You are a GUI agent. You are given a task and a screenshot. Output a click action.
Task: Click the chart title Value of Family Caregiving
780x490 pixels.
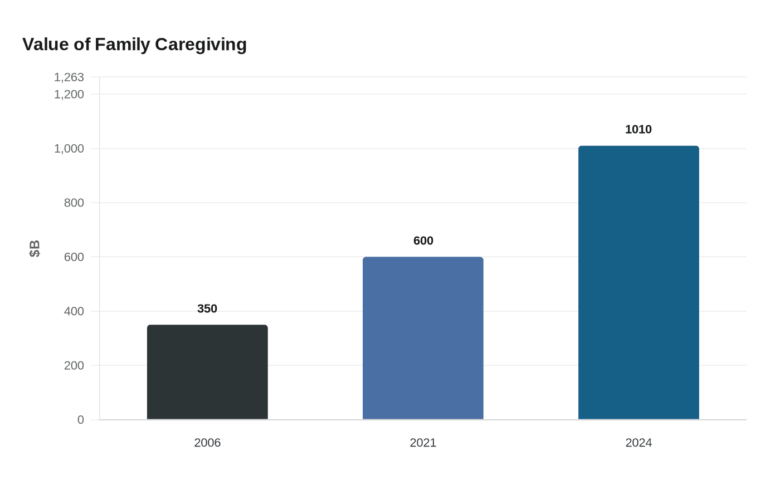tap(134, 45)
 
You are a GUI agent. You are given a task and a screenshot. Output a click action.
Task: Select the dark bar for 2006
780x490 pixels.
tap(207, 372)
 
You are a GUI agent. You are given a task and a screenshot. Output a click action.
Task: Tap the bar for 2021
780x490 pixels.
tap(423, 338)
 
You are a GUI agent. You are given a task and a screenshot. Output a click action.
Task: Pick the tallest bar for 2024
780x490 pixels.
tap(638, 282)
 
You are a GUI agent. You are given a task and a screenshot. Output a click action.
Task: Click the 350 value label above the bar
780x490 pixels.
tap(207, 308)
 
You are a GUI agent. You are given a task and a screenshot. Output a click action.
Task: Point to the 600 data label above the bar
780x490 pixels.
tap(423, 241)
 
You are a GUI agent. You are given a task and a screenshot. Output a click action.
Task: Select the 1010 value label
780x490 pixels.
tap(638, 129)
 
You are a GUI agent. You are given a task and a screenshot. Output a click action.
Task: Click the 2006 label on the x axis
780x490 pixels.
tap(207, 443)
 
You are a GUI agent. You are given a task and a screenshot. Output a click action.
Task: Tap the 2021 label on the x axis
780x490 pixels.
tap(423, 443)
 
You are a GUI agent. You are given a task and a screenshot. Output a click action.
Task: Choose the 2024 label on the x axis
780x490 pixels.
tap(638, 443)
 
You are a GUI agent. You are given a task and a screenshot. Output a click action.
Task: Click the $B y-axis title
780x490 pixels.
tap(35, 248)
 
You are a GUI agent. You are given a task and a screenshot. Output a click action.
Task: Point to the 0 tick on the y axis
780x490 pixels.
tap(81, 420)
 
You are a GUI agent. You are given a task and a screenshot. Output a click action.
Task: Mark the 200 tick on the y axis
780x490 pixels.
tap(74, 366)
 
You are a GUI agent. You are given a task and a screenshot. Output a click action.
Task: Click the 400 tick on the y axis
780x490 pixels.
tap(74, 311)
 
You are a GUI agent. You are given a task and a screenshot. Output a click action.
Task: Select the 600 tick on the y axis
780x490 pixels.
tap(74, 257)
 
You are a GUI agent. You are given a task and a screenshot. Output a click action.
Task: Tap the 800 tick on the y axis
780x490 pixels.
tap(74, 203)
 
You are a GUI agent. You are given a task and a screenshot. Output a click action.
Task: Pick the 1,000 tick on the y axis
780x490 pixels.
tap(69, 149)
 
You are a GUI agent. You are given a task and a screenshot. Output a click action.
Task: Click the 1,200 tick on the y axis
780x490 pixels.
tap(69, 95)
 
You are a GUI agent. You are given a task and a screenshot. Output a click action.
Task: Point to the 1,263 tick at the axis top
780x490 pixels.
tap(69, 77)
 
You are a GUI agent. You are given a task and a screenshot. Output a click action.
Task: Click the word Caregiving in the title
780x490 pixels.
tap(201, 45)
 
